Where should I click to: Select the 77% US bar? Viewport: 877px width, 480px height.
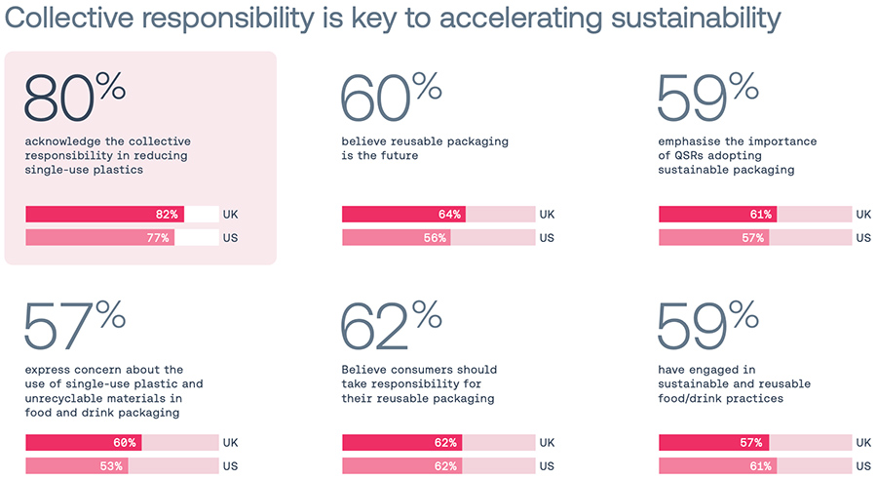click(x=99, y=237)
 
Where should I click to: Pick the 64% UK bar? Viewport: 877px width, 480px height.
click(x=403, y=215)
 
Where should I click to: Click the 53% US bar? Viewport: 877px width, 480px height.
click(x=77, y=466)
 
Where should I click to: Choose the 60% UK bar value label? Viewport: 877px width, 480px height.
click(x=124, y=443)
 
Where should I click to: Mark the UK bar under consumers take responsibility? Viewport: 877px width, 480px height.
click(x=401, y=443)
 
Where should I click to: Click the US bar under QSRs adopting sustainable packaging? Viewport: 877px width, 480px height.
click(x=716, y=237)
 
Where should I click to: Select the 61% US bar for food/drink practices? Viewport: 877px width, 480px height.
click(x=719, y=466)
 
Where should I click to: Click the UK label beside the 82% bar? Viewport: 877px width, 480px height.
click(x=230, y=215)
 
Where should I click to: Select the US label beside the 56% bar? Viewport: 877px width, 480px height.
click(x=547, y=237)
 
